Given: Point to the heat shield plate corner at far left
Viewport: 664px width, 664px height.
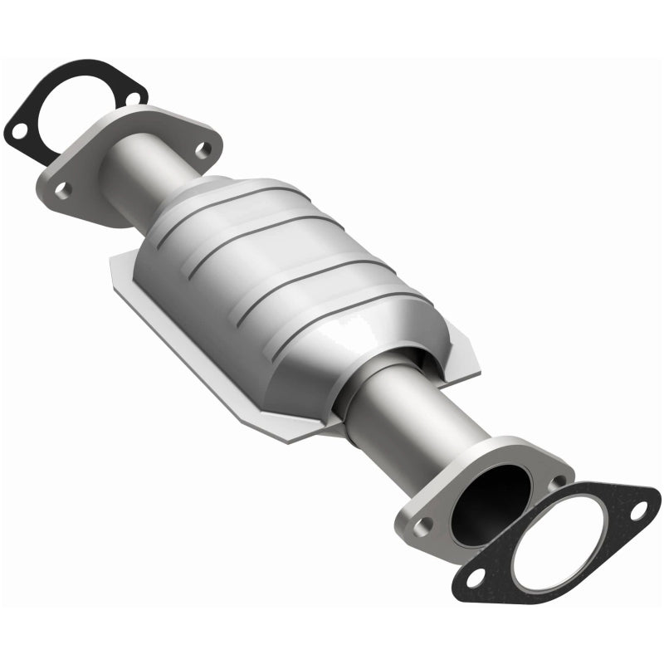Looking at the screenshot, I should (116, 266).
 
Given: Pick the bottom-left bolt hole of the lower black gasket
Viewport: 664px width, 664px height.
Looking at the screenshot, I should (478, 574).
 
